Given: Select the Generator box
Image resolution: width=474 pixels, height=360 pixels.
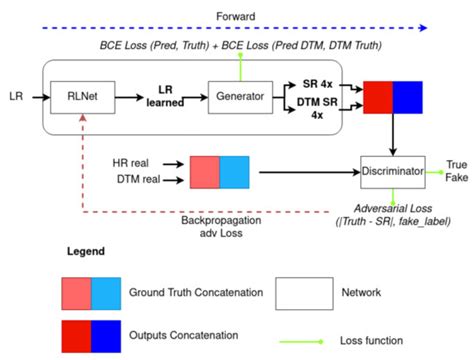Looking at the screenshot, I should click(231, 98).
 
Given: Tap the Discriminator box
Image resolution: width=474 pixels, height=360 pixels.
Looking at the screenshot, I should click(393, 172).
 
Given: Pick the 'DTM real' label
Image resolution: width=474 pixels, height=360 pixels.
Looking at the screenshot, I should click(134, 179).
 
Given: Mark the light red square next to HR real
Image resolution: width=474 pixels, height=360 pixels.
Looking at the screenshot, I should click(205, 170).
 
